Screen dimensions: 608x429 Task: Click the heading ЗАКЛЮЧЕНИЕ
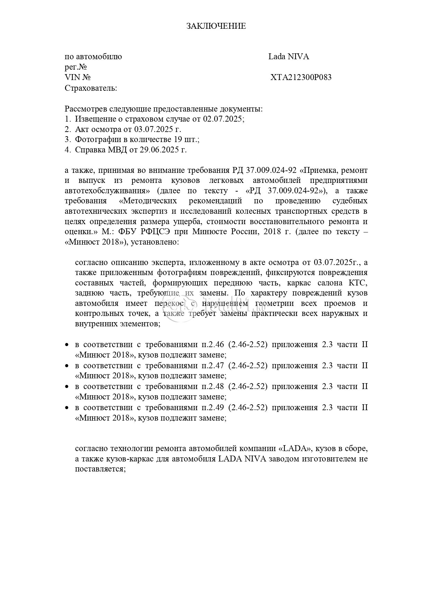(x=216, y=26)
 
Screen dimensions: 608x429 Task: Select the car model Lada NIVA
(x=289, y=56)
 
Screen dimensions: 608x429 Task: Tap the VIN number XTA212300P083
(x=301, y=77)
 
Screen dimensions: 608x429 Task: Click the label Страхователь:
(x=91, y=88)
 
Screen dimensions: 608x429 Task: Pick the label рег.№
(x=75, y=67)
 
